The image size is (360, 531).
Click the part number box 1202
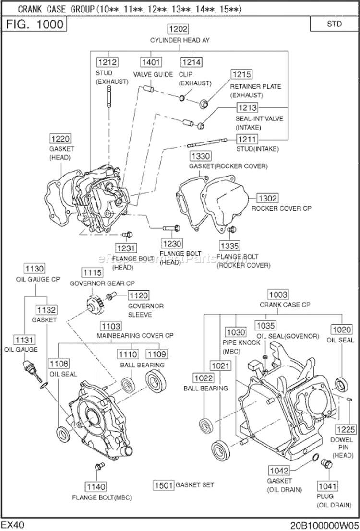178,29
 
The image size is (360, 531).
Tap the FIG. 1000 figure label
35,24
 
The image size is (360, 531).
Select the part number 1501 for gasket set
163,485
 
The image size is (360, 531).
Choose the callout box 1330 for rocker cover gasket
200,156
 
